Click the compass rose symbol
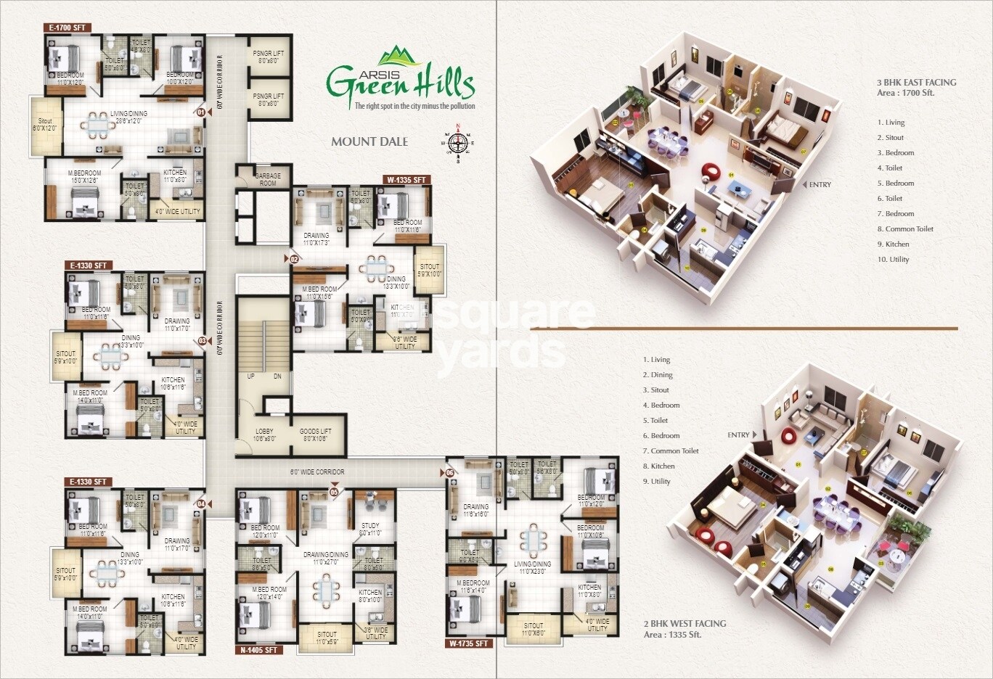click(457, 141)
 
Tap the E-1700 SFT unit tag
click(67, 28)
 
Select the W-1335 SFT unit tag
click(406, 179)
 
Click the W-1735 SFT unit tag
click(469, 643)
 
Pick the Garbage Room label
click(268, 179)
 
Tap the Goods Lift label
click(316, 435)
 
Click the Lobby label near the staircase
click(264, 435)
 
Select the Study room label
click(370, 529)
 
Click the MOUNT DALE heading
click(369, 141)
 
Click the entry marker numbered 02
click(294, 258)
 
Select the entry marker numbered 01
click(200, 112)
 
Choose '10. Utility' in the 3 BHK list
click(893, 259)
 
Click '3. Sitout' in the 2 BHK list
click(655, 390)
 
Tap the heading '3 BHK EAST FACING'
click(916, 83)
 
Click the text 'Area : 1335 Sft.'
click(672, 634)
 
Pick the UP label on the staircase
click(251, 376)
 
